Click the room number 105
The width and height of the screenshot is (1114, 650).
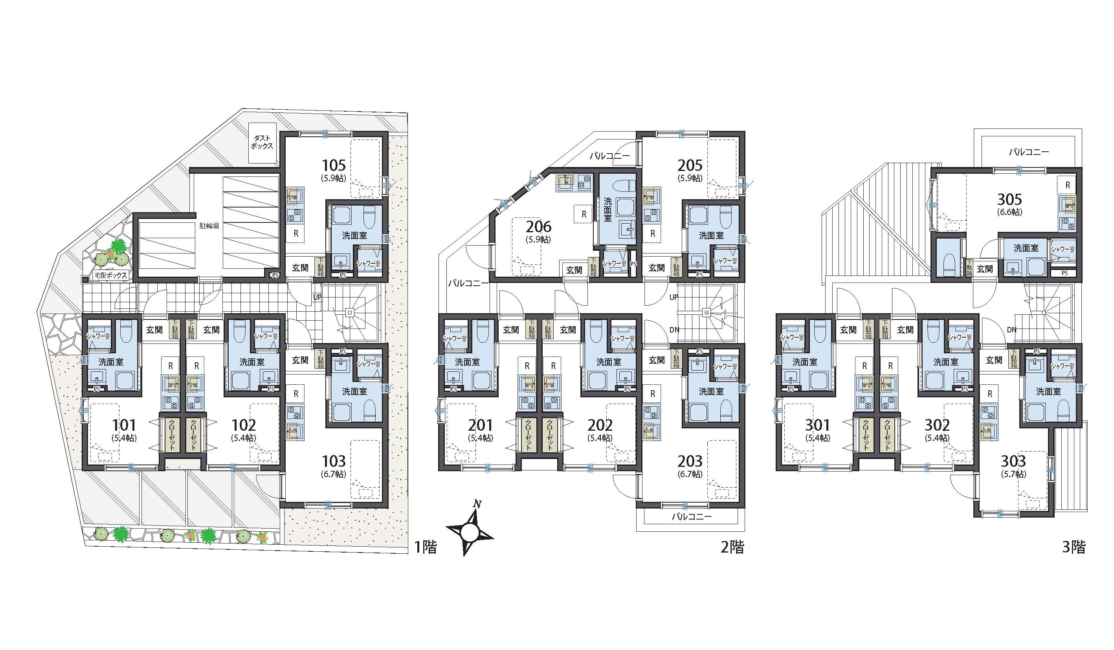click(334, 165)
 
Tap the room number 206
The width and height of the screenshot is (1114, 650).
click(538, 227)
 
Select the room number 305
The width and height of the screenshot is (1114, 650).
click(1010, 199)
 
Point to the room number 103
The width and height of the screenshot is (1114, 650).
click(334, 461)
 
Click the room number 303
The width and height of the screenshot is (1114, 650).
click(1013, 461)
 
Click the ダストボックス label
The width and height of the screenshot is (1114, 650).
click(262, 142)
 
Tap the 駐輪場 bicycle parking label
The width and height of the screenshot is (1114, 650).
click(209, 226)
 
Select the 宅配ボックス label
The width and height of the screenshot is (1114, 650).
click(111, 275)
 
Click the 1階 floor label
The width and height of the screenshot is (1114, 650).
click(426, 547)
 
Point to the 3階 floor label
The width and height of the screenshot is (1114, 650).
click(1074, 547)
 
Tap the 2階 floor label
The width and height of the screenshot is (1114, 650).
click(732, 547)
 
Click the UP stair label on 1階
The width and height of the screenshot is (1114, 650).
click(317, 297)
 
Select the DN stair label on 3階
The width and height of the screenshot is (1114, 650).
click(1011, 330)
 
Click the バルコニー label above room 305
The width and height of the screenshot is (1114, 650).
click(1029, 152)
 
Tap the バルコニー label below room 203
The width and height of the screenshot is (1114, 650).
click(692, 516)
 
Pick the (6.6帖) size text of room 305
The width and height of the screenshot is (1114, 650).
click(1010, 212)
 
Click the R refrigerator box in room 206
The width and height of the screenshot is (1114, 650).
click(584, 215)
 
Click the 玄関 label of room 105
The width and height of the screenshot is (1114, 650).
click(301, 268)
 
